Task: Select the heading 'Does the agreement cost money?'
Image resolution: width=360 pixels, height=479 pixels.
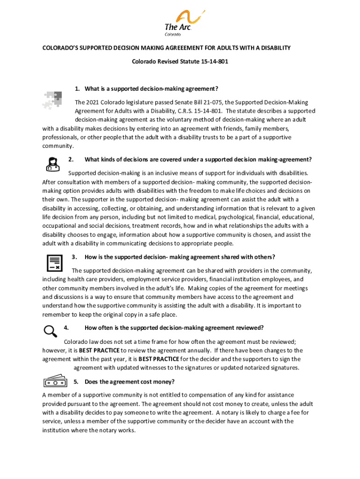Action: pyautogui.click(x=130, y=382)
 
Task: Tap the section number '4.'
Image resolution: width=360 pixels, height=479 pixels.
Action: pyautogui.click(x=66, y=327)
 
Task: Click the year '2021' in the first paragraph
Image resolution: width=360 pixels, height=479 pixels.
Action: pyautogui.click(x=94, y=102)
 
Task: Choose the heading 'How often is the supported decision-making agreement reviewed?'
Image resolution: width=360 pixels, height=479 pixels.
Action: pyautogui.click(x=174, y=327)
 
